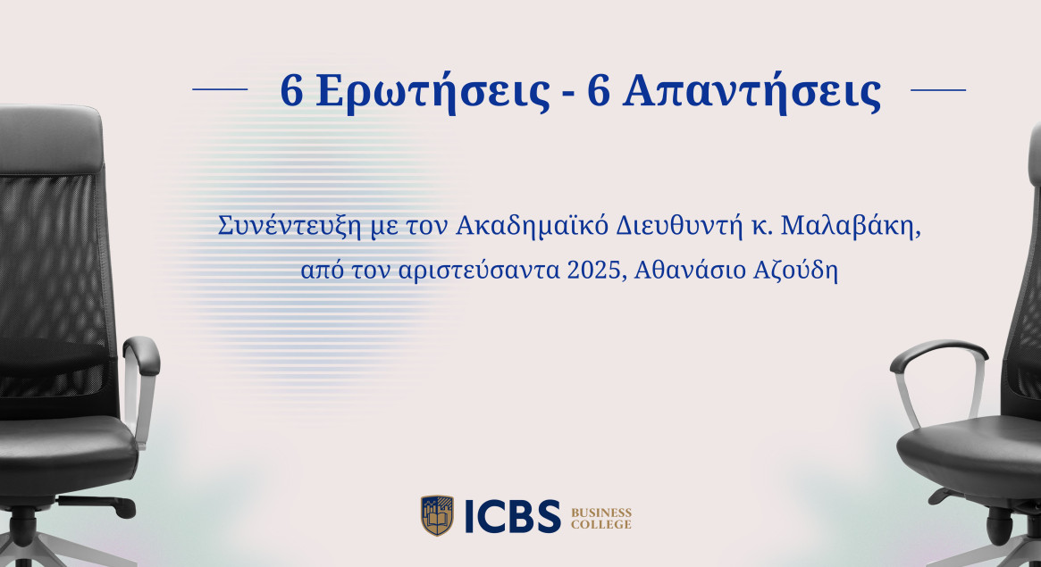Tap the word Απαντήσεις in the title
pos(751,92)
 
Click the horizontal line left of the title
pos(220,89)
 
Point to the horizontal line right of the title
pos(937,89)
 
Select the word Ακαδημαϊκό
pos(533,227)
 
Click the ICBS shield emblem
pos(437,516)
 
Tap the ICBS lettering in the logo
pos(512,516)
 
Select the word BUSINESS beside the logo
pos(601,513)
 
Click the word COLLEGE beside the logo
pos(601,525)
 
